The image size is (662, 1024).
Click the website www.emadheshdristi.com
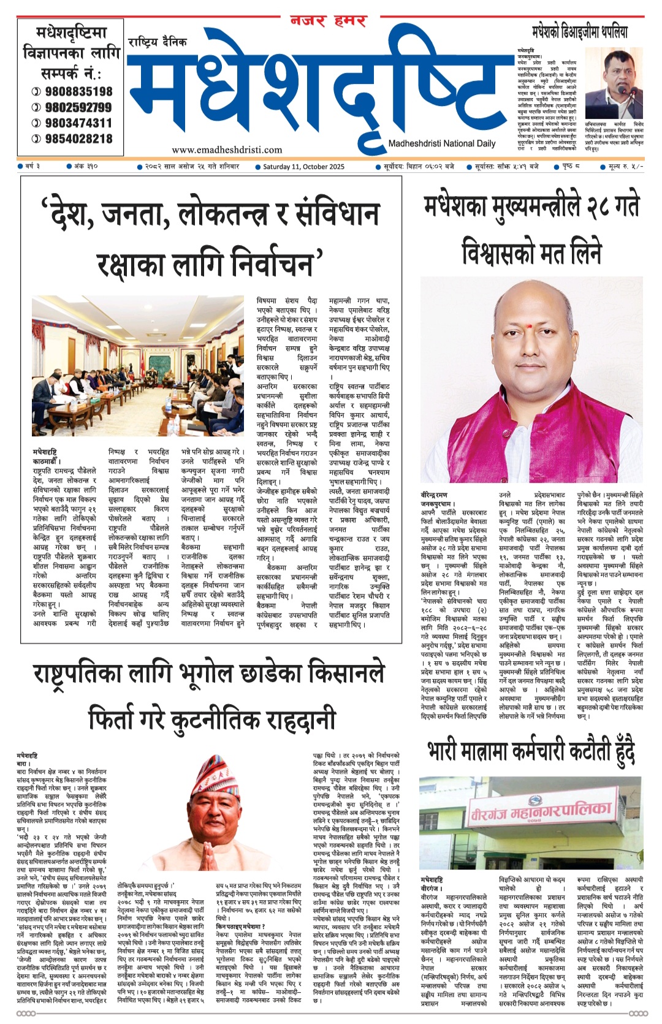(227, 150)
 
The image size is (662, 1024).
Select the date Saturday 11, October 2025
(303, 167)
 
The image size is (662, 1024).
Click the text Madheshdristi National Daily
(441, 143)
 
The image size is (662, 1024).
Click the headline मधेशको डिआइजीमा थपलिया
(579, 32)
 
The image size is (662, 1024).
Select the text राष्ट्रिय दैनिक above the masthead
(158, 42)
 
